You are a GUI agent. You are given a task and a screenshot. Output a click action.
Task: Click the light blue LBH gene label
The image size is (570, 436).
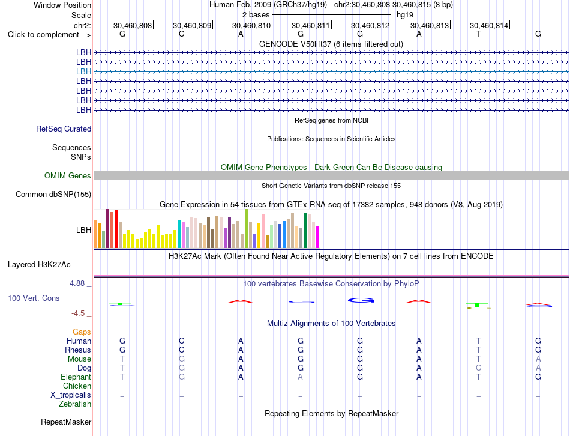(83, 71)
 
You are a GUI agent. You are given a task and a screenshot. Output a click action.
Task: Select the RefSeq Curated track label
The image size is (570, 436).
(64, 129)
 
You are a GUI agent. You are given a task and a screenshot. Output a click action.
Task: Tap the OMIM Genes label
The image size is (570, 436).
(68, 176)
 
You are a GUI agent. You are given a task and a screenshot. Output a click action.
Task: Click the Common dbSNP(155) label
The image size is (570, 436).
(53, 195)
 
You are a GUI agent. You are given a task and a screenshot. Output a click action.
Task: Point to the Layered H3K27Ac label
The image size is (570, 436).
(39, 265)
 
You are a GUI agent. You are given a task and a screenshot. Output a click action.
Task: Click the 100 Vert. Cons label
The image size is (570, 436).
(34, 298)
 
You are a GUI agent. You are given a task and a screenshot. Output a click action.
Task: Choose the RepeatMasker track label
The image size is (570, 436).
(66, 422)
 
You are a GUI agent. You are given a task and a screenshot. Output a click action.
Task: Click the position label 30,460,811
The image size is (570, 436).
(310, 25)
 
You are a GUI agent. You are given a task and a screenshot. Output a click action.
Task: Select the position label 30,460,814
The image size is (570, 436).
(488, 25)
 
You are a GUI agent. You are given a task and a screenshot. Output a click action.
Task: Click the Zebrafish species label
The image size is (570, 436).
(75, 404)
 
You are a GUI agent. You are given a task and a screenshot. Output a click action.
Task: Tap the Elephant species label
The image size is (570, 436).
(76, 377)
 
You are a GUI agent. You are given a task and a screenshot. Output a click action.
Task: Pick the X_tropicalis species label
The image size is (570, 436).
(71, 395)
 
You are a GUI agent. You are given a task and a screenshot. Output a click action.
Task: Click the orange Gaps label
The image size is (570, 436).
(82, 332)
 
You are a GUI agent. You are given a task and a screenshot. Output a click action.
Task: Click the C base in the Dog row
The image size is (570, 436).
(478, 368)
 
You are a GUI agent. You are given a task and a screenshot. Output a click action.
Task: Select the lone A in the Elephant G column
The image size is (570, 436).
(300, 377)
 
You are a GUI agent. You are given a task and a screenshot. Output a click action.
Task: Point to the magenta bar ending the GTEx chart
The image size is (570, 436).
(318, 237)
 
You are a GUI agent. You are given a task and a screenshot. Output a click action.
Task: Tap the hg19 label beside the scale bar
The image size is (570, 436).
(405, 15)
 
